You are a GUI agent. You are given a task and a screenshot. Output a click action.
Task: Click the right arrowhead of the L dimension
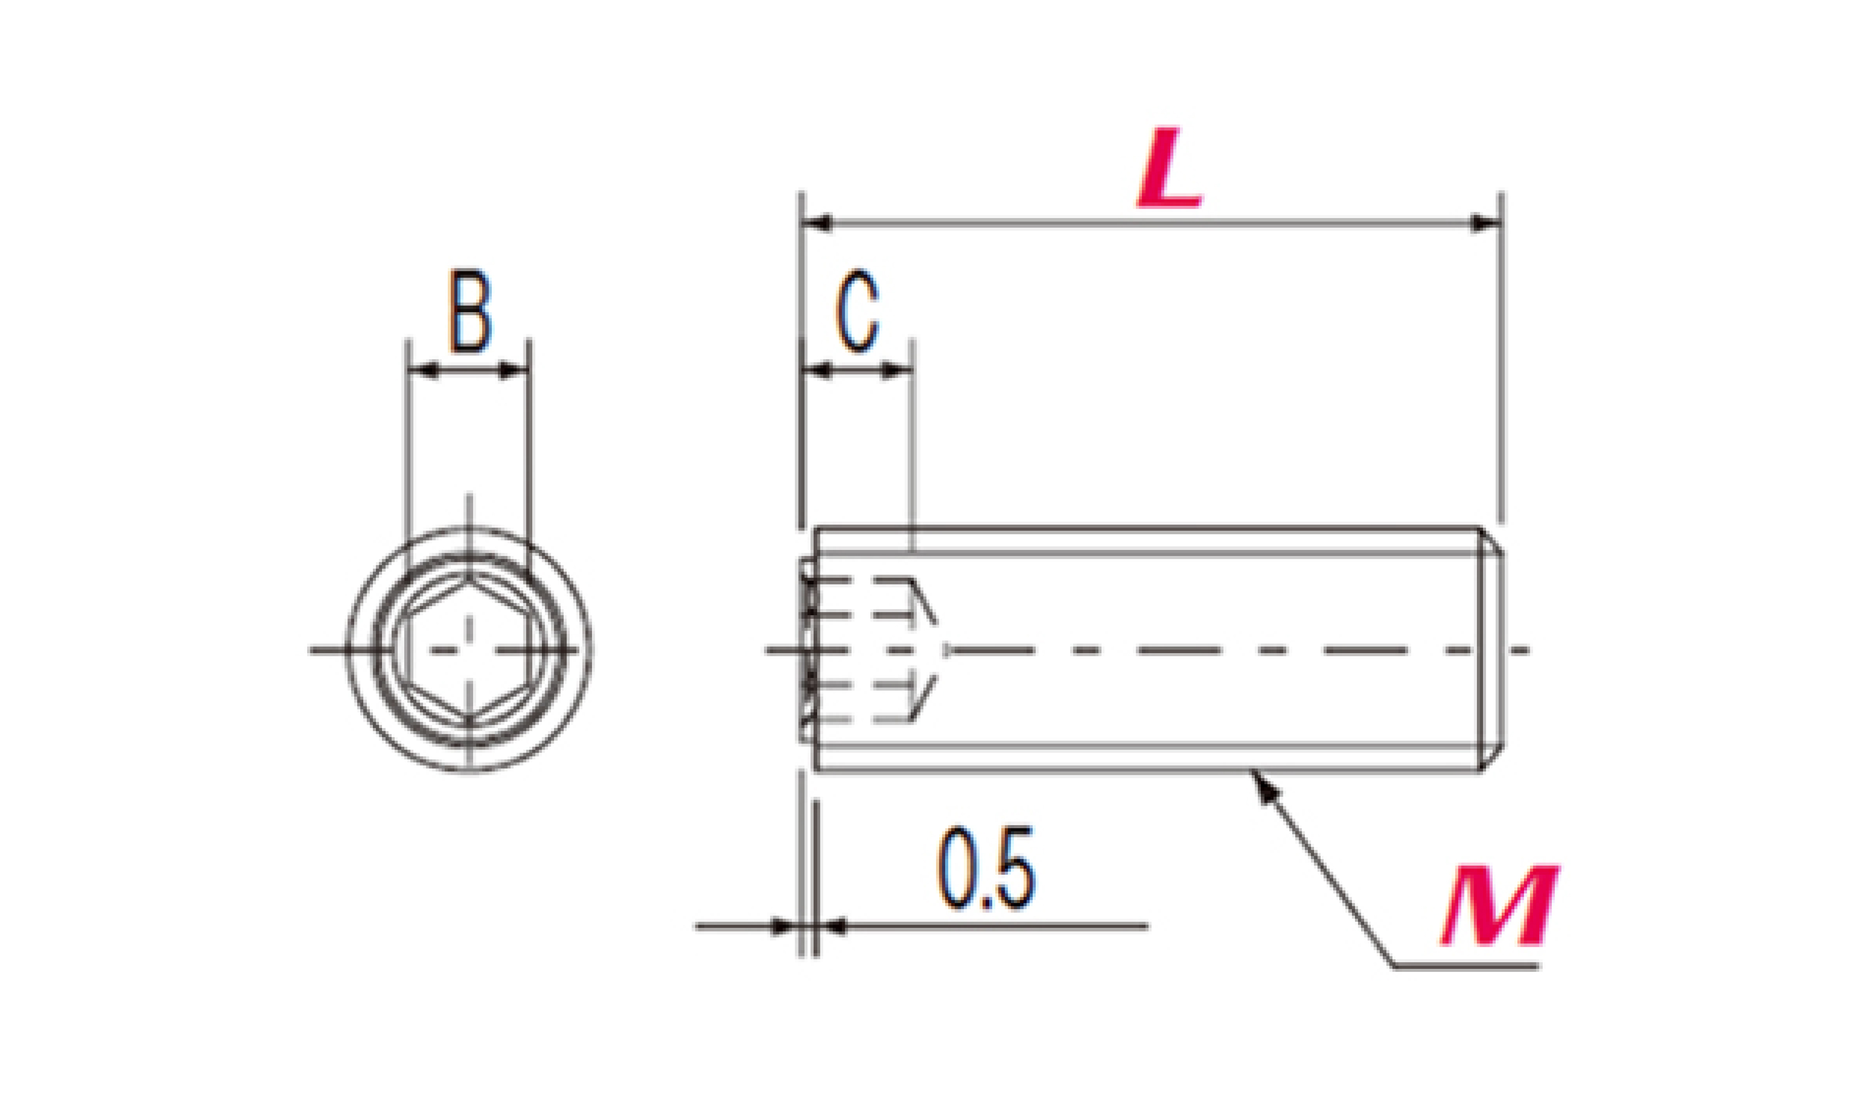[1486, 223]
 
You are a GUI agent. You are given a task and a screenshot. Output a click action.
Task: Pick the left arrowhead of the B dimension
[422, 370]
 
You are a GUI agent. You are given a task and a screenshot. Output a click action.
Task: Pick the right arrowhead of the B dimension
[515, 370]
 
